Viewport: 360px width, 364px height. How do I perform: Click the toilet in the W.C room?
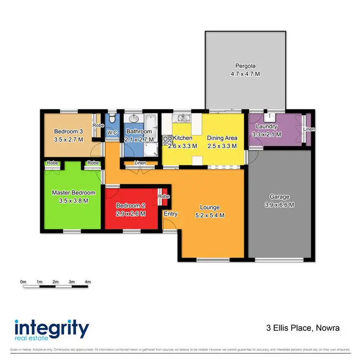tap(111, 119)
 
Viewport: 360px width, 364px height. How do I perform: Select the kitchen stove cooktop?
tap(168, 140)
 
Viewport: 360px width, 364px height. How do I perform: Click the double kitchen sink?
tap(183, 117)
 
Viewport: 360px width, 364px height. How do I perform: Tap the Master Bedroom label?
tap(73, 193)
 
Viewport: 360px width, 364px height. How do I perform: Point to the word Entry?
tap(170, 214)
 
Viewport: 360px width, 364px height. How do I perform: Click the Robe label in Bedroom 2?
tap(164, 196)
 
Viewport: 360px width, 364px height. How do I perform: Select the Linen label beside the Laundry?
tap(308, 130)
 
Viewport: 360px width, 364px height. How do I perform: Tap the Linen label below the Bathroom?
tap(140, 163)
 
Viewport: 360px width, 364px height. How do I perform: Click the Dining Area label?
tap(222, 138)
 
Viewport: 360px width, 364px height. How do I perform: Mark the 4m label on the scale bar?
tap(87, 281)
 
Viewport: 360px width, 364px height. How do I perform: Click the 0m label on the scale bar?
tap(23, 281)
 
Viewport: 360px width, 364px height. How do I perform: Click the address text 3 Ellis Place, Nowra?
tap(303, 328)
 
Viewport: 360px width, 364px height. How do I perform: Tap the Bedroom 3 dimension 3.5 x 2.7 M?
tap(69, 139)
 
